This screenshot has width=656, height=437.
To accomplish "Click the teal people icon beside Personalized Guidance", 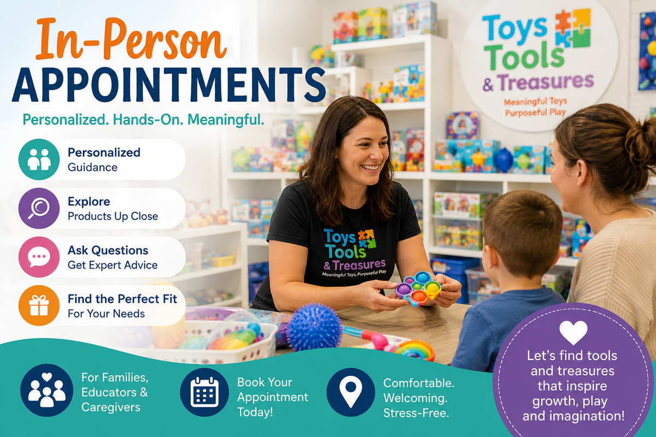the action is point(39,159).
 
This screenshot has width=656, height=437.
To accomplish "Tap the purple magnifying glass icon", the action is point(39,208).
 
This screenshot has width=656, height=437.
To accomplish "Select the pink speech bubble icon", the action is point(39,257).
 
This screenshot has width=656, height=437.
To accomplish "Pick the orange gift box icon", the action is point(39,305).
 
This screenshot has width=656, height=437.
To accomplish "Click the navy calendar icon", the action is point(204,392).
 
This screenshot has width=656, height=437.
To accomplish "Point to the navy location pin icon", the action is point(351,392).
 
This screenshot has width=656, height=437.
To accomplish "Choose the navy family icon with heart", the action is point(46,390).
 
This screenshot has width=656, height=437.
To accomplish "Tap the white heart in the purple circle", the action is point(573,333).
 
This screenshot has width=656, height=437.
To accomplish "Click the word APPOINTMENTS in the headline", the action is point(169,85).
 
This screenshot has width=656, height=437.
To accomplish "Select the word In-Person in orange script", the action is point(131,38).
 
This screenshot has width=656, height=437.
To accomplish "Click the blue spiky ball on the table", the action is point(314,327).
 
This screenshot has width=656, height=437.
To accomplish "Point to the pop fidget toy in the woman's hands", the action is point(419,288).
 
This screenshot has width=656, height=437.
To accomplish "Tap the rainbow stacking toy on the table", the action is point(413,350).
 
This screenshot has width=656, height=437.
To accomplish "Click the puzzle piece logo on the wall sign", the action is point(572,28).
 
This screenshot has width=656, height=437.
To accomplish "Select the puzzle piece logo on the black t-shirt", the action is point(367,239).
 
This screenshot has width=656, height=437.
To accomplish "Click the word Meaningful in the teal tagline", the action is point(226,120).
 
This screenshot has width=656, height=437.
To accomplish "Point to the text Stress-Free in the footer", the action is point(416,413).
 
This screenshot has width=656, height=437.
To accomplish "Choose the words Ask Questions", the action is point(108,251).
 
